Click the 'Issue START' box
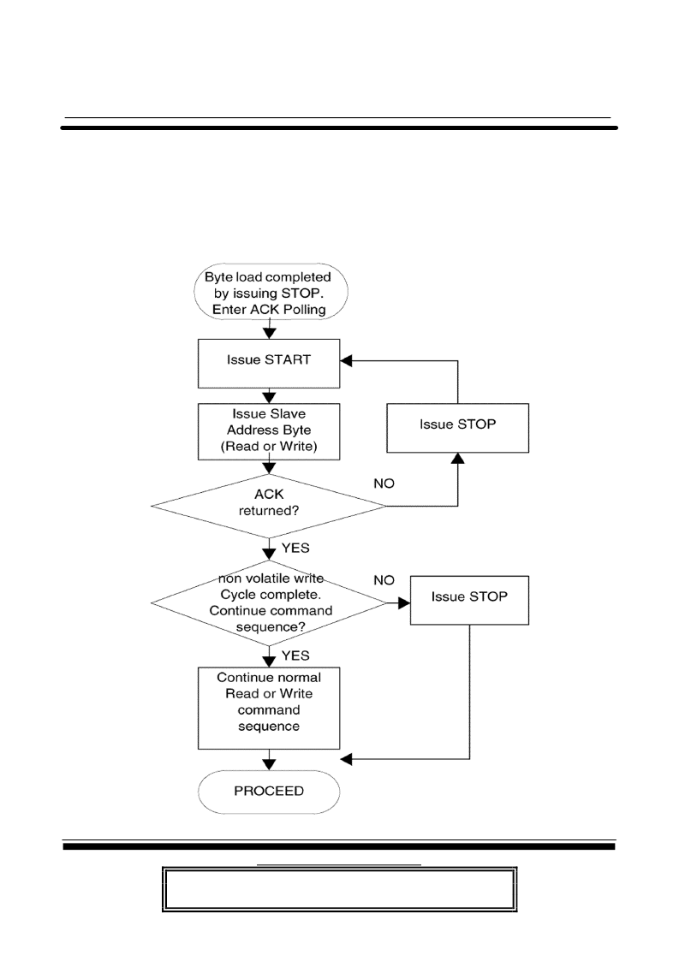pos(269,363)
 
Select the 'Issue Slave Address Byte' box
pos(269,430)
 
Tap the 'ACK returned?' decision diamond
pos(269,506)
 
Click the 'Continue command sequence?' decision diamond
pos(269,602)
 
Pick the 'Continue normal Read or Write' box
pos(269,708)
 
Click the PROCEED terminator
pos(269,792)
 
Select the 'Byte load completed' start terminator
pos(271,293)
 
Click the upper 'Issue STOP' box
pos(457,428)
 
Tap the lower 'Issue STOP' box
pos(469,600)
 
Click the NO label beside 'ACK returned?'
pos(384,483)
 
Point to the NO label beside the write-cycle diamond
pos(384,580)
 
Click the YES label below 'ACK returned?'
pos(295,548)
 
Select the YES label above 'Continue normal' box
pos(295,655)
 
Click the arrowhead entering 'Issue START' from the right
pos(346,361)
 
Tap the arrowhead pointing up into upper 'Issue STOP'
pos(457,459)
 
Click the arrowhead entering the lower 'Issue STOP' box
pos(404,603)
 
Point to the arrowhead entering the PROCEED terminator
pos(269,764)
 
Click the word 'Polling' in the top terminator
pos(304,310)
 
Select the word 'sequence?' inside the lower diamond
pos(271,627)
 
